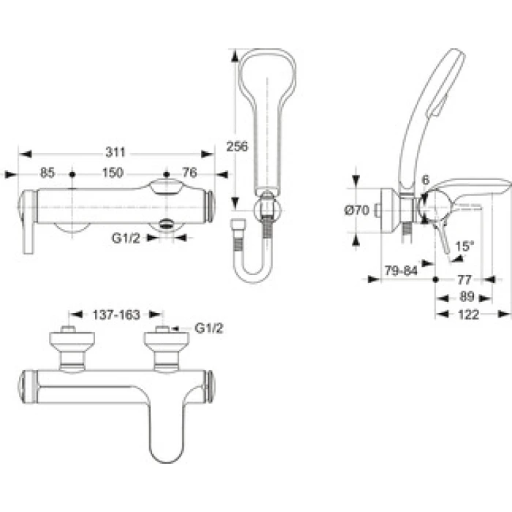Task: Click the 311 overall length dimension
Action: [116, 152]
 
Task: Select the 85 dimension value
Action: [48, 173]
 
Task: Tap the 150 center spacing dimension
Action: [113, 173]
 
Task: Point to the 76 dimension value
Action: [189, 173]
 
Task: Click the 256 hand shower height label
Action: [237, 146]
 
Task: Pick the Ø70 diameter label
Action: [357, 210]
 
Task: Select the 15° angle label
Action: [464, 246]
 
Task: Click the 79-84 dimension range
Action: [401, 271]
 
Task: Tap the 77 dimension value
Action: [464, 280]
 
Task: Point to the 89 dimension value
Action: [467, 297]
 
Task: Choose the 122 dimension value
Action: [469, 315]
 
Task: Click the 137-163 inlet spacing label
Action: [116, 315]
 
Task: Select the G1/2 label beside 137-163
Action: [208, 328]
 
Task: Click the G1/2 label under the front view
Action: [126, 238]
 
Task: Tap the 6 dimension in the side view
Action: [426, 180]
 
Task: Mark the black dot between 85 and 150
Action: [72, 175]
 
